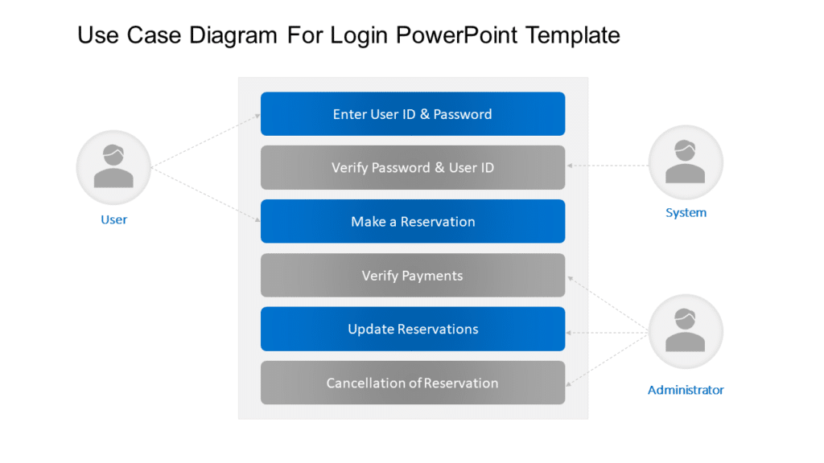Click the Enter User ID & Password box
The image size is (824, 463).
[412, 114]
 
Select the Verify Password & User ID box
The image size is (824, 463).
[412, 168]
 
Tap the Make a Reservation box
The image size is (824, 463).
[412, 222]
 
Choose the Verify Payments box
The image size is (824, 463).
[412, 276]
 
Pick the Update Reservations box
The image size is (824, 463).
[412, 330]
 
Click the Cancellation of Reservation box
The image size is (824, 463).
[412, 383]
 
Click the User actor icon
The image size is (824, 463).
[113, 168]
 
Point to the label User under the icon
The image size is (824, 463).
[113, 219]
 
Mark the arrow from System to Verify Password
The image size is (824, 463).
[608, 166]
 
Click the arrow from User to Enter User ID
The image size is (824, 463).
[205, 141]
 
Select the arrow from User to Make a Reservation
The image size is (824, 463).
[205, 194]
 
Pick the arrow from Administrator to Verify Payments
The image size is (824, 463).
[608, 304]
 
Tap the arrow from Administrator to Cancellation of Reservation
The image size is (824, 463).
[608, 359]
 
